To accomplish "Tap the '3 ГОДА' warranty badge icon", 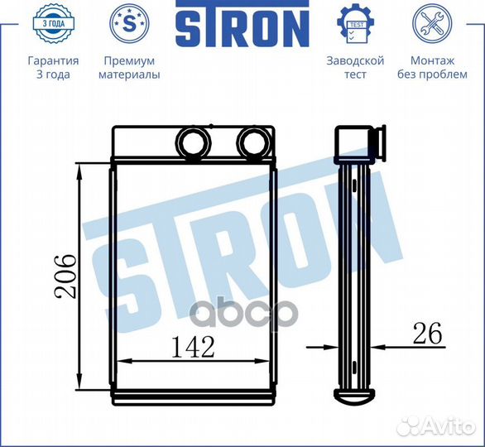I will click(x=53, y=24).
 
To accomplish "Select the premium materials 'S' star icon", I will click(x=129, y=24).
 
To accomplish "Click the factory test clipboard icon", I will click(x=355, y=24).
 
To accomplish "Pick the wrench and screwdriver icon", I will click(x=432, y=24).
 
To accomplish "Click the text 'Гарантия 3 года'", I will click(x=53, y=68).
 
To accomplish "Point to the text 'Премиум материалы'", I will click(x=129, y=68).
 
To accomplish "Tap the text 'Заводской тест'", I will click(x=355, y=68).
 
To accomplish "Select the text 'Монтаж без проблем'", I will click(x=432, y=68).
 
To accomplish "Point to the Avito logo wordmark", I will click(x=451, y=426).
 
